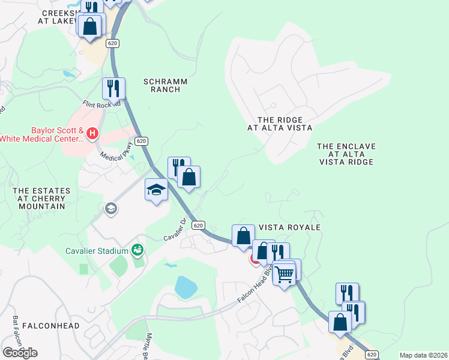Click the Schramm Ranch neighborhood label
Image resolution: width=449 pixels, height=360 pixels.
point(165,85)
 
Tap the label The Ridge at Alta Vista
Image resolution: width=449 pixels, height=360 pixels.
point(280,124)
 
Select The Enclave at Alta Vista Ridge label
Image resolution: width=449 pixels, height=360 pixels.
point(346,154)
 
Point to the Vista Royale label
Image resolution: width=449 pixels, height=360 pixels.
point(289,228)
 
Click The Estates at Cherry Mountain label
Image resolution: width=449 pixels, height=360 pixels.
point(41,199)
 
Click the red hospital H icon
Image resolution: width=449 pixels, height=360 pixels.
point(92,133)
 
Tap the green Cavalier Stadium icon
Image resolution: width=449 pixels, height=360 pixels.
point(137,250)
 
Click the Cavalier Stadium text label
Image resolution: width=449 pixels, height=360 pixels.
point(97,250)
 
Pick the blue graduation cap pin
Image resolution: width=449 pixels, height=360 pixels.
point(156,191)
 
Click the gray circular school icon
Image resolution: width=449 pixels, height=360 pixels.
point(111,209)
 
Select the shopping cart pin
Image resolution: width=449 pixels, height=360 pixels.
point(285,274)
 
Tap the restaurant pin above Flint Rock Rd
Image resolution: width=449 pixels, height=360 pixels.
point(113,89)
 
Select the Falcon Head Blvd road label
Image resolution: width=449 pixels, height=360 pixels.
point(255,287)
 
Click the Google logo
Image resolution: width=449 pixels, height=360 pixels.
point(20,352)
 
